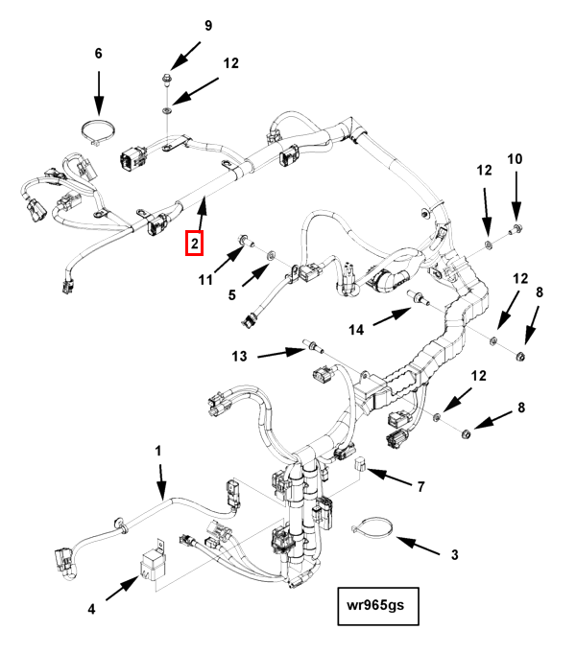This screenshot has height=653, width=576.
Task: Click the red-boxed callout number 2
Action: coord(195,244)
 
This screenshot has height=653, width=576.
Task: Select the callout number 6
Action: coord(98,55)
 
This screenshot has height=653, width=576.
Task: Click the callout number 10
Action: coord(515,158)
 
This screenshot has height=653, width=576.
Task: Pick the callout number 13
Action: coord(239,356)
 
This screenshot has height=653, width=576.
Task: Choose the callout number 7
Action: coord(420,487)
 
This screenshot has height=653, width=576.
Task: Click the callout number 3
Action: coord(455,553)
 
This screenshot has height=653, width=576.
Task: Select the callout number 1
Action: coord(159,451)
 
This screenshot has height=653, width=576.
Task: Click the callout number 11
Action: coord(204,279)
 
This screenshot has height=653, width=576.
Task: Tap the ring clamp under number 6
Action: coord(98,129)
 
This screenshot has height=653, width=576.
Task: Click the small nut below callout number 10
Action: coord(516,227)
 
